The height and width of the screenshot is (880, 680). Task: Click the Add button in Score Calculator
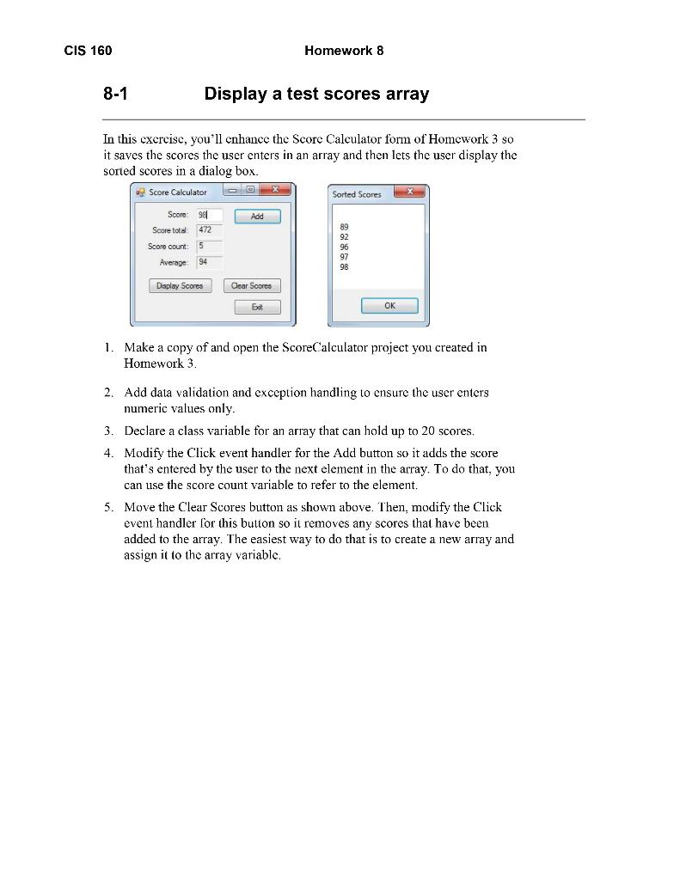tap(257, 217)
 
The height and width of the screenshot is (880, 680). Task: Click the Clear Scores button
tap(252, 286)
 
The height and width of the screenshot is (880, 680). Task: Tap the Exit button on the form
tap(257, 307)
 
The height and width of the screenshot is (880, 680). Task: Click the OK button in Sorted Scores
tap(389, 306)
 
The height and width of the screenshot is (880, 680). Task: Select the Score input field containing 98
tap(209, 216)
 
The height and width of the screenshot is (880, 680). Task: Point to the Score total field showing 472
tap(209, 230)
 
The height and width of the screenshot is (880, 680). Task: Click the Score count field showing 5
tap(209, 246)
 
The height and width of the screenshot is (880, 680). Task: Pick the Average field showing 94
tap(209, 261)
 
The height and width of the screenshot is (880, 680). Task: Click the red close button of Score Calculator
tap(274, 190)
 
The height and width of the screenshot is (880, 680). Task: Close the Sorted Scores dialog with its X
tap(409, 192)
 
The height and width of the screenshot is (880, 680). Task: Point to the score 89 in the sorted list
tap(345, 227)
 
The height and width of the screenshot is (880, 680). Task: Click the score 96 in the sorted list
tap(345, 247)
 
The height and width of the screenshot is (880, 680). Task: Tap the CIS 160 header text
tap(88, 51)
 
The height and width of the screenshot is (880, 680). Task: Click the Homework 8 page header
tap(344, 51)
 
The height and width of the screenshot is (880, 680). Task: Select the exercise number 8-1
tap(115, 94)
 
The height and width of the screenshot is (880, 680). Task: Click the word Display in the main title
tap(236, 94)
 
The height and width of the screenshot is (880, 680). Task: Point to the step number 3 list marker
tap(108, 431)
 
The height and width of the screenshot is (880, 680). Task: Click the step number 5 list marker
tap(108, 507)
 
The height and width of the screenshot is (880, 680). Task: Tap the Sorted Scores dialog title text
tap(357, 194)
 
